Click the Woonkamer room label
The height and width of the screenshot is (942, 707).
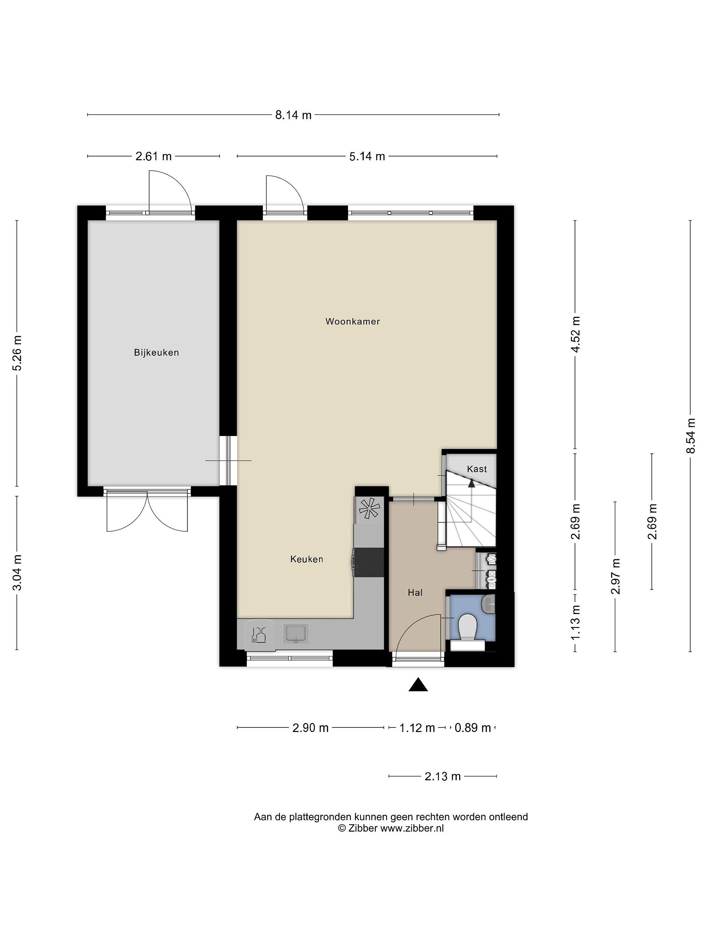point(353,322)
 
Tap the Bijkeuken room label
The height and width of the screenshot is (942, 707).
point(156,353)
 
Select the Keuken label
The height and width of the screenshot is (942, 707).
point(307,559)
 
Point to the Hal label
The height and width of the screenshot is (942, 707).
point(415,592)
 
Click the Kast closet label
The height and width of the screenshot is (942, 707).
point(477,469)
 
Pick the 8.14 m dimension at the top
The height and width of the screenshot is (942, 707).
point(293,115)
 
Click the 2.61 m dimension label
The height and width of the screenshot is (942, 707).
point(154,157)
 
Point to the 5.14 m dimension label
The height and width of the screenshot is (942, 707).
point(367,157)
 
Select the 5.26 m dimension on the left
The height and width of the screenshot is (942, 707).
point(17,353)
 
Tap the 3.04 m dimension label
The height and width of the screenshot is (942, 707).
point(17,573)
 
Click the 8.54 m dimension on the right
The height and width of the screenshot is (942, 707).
point(691,436)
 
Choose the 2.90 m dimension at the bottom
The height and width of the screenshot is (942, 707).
point(310,728)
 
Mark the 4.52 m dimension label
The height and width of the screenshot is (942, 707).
point(576,335)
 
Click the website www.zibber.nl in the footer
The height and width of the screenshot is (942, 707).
point(412,828)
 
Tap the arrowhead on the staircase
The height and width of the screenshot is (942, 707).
point(471,483)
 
